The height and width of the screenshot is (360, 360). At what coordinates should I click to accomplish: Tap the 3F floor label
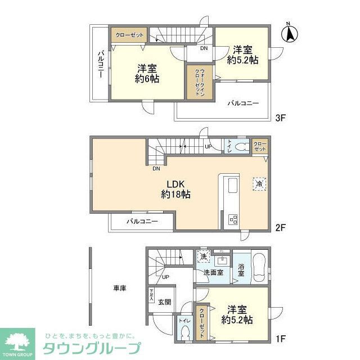(x=281, y=118)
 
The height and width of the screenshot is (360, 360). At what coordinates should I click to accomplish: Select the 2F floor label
(x=281, y=228)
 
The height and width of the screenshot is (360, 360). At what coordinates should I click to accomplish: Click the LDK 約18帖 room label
(x=175, y=188)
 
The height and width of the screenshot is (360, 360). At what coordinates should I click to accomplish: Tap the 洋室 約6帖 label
(x=146, y=74)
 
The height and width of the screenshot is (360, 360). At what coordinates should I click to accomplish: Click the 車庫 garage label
(x=119, y=289)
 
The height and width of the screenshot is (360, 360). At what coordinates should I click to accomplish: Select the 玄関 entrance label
(x=165, y=301)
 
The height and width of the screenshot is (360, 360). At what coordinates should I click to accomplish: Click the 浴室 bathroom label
(x=240, y=270)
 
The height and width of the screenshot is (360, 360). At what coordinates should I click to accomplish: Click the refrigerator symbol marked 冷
(x=259, y=184)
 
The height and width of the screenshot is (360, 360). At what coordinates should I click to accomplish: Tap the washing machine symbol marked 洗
(x=202, y=256)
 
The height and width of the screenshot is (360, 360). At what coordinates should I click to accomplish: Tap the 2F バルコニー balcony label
(x=142, y=221)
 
